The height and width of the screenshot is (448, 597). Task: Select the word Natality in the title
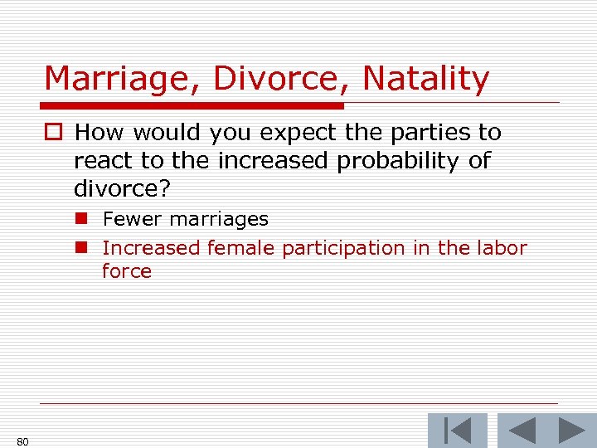click(x=426, y=80)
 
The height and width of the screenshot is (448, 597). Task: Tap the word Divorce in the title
click(x=284, y=80)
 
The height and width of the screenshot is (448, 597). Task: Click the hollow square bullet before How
click(x=56, y=134)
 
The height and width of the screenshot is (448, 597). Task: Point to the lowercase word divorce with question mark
click(x=122, y=188)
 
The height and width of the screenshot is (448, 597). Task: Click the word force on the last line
click(x=127, y=271)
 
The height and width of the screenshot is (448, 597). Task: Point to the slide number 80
click(x=22, y=441)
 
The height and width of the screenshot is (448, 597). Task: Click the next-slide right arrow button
click(x=570, y=431)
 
